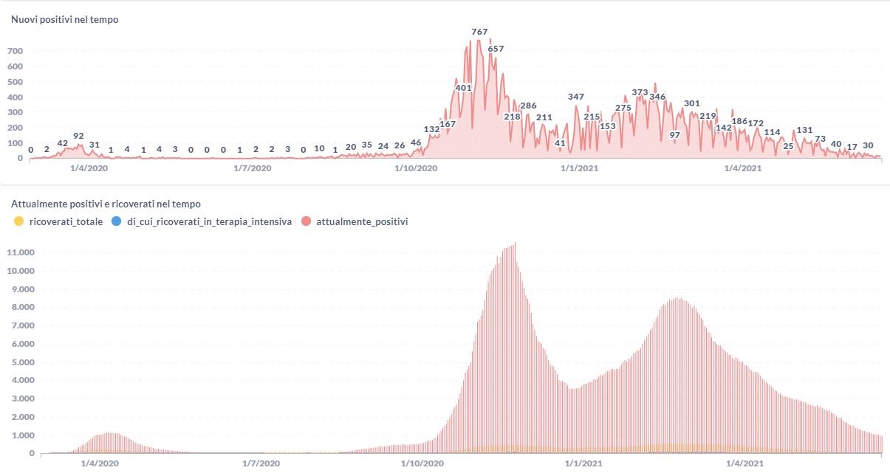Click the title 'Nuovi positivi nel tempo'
pyautogui.click(x=64, y=20)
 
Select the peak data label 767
pyautogui.click(x=479, y=32)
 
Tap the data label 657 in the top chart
pyautogui.click(x=496, y=49)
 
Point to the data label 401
pyautogui.click(x=463, y=88)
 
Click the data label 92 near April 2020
pyautogui.click(x=79, y=136)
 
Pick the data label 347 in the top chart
pyautogui.click(x=576, y=97)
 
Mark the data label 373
pyautogui.click(x=640, y=92)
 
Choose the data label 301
pyautogui.click(x=692, y=103)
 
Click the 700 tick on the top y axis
pyautogui.click(x=16, y=51)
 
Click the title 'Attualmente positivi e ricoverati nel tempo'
pyautogui.click(x=106, y=204)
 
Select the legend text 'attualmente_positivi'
pyautogui.click(x=362, y=221)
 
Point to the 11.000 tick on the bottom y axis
pyautogui.click(x=20, y=252)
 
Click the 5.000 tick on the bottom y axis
pyautogui.click(x=20, y=362)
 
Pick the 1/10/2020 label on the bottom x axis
pyautogui.click(x=422, y=463)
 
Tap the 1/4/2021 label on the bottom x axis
pyautogui.click(x=744, y=463)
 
